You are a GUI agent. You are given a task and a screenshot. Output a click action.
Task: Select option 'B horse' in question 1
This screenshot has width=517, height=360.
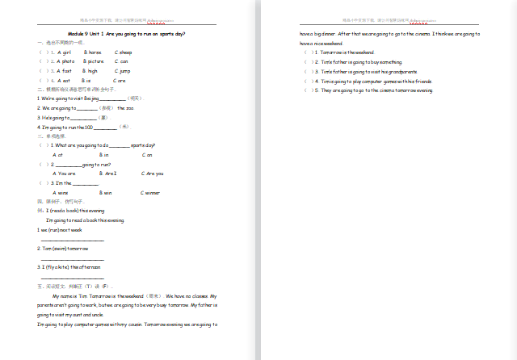[x=93, y=52]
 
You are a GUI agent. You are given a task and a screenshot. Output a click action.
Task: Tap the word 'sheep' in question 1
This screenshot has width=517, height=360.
[x=123, y=52]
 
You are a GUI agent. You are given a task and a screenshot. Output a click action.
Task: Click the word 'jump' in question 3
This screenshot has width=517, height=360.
[x=124, y=71]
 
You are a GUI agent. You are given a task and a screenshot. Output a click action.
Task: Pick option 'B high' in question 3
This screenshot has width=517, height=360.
[x=90, y=71]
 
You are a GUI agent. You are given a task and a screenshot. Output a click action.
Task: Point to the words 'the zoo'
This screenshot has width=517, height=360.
[x=124, y=107]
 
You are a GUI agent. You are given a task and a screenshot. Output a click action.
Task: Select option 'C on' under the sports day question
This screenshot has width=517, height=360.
[x=147, y=154]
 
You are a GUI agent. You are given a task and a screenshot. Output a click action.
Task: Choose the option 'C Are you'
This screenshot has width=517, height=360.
[x=153, y=174]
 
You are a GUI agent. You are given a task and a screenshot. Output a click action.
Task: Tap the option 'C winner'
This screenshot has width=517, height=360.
[x=150, y=193]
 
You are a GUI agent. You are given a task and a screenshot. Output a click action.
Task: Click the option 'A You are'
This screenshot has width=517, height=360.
[x=64, y=174]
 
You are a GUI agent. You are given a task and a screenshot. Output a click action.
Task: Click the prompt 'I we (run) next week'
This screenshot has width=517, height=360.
[x=60, y=230]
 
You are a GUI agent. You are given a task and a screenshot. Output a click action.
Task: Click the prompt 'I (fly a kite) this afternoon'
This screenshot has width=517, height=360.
[x=69, y=266]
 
